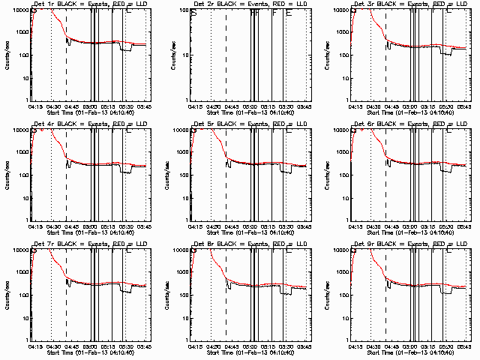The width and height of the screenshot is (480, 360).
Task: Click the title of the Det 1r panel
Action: click(90, 4)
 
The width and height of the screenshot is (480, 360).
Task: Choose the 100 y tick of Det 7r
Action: click(23, 295)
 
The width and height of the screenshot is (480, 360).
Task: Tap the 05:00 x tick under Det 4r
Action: click(92, 226)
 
